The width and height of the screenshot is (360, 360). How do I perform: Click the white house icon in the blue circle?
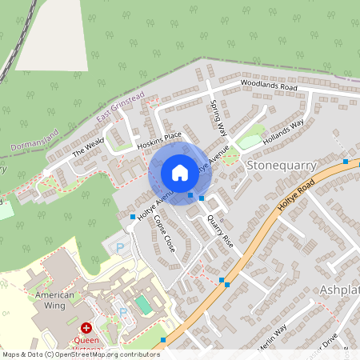point(179,172)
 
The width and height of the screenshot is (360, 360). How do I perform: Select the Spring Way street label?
point(219,118)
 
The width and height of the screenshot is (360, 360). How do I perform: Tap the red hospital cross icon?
point(85,328)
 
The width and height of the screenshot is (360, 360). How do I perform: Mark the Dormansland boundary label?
point(35,142)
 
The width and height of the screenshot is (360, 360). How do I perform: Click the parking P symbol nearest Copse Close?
point(121,249)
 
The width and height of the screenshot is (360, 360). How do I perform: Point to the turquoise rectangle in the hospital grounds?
point(142,304)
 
